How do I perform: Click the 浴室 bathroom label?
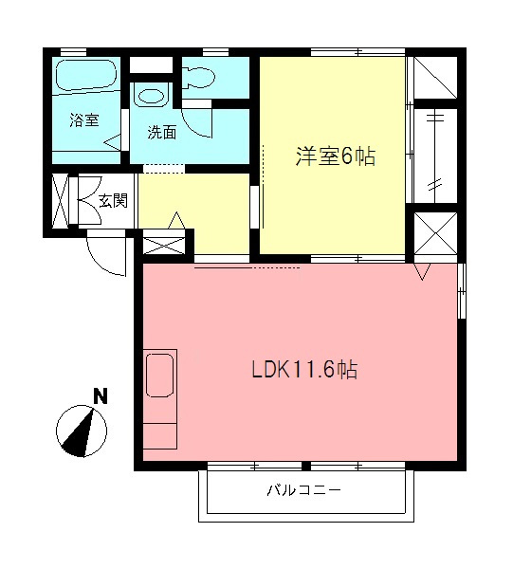click(84, 120)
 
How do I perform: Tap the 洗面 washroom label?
click(161, 133)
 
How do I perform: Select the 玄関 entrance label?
click(114, 201)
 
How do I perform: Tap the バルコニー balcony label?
click(302, 491)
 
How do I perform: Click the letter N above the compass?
click(100, 396)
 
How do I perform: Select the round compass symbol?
click(82, 431)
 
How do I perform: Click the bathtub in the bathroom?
click(83, 75)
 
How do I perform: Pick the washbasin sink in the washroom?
click(151, 96)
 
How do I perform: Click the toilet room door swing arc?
click(197, 121)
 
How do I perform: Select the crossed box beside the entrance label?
click(61, 200)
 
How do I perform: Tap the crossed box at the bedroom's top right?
click(435, 77)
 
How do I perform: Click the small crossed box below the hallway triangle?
click(166, 246)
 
